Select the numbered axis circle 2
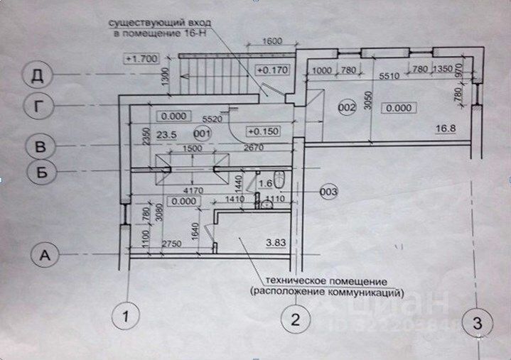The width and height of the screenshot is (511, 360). pos(296,320)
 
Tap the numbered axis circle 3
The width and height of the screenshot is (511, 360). pos(478,324)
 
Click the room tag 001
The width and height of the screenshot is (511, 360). pos(202,132)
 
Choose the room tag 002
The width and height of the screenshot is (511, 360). pos(346,108)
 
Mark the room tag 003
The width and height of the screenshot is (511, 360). pos(328,191)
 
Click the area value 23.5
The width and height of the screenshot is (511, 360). pos(166,132)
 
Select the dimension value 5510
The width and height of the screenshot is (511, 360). pos(389,76)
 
